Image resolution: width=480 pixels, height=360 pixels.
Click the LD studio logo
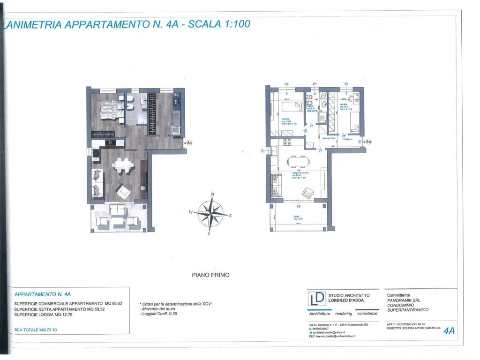[316, 299]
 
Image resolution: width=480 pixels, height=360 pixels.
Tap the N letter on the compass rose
[212, 194]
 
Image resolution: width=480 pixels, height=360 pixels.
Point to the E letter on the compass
[230, 216]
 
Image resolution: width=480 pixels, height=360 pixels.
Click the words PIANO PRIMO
[211, 275]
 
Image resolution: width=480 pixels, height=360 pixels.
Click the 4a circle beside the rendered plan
[189, 142]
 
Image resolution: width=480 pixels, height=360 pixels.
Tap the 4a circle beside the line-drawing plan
[368, 141]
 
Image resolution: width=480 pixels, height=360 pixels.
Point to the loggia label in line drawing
[297, 217]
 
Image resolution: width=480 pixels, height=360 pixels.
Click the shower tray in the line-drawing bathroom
[323, 116]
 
